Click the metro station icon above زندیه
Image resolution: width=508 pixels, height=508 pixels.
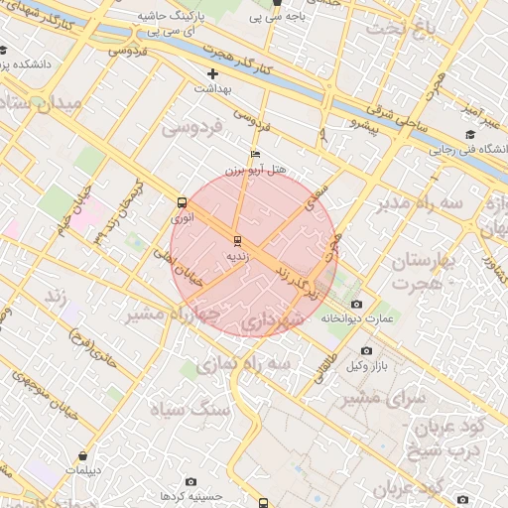pos(236,241)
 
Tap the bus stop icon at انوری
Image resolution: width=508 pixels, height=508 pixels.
pos(181,202)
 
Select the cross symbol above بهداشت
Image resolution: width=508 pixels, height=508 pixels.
pos(212,74)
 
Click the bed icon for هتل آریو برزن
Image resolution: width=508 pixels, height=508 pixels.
pos(255,155)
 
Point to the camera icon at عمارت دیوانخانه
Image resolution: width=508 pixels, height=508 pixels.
pos(357,305)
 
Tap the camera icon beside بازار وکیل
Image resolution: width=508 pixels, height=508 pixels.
pos(366,351)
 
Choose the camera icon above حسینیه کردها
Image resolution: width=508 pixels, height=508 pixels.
pos(190,481)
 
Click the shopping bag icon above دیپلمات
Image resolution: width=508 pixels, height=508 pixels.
pos(81,456)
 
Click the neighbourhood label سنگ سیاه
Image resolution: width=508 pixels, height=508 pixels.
pos(189,409)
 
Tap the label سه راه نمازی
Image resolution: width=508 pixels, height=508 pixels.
pos(243,365)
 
